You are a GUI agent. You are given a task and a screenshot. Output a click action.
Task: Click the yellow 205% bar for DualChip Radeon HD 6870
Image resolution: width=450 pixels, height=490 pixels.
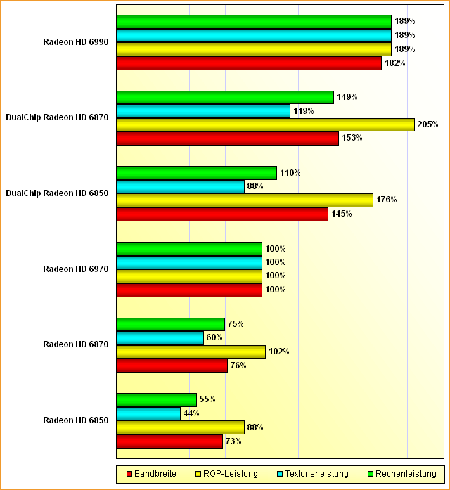[x=265, y=124]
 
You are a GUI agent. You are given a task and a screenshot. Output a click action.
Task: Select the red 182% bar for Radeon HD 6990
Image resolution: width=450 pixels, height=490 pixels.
[x=249, y=63]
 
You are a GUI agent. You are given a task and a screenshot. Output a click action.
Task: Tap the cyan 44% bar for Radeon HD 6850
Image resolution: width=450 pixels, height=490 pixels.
[x=148, y=413]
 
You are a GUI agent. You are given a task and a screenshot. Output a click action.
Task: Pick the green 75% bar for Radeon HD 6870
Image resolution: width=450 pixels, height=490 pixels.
[x=170, y=324]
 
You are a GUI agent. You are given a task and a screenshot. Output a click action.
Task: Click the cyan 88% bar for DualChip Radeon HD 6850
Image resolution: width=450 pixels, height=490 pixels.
[x=180, y=186]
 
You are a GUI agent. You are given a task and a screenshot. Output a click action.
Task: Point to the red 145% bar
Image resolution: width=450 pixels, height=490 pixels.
[x=222, y=214]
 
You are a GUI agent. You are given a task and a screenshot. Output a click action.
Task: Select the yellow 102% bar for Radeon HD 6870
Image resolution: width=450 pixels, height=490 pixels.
[x=191, y=352]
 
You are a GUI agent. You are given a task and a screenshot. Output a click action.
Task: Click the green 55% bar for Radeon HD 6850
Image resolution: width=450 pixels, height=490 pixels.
[x=156, y=399]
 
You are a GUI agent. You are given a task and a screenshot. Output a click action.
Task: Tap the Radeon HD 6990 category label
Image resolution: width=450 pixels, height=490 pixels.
[x=76, y=42]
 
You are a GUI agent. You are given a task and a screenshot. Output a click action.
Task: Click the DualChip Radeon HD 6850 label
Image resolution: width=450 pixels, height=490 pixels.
[x=57, y=193]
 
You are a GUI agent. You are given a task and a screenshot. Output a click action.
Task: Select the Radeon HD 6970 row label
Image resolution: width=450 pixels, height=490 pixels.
[x=76, y=269]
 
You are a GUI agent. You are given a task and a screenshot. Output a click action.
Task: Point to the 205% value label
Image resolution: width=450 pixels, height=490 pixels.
[x=427, y=124]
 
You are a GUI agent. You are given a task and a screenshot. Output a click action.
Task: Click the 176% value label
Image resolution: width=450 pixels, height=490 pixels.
[x=386, y=200]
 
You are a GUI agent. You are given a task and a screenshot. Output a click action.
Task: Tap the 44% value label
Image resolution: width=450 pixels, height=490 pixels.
[x=191, y=413]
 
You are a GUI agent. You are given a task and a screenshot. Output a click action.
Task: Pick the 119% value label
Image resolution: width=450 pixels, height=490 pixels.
[x=303, y=110]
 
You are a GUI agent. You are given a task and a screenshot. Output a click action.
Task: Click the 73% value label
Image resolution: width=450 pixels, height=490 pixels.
[x=233, y=441]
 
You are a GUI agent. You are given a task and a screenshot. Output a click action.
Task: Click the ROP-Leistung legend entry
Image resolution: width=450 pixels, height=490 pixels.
[x=226, y=474]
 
